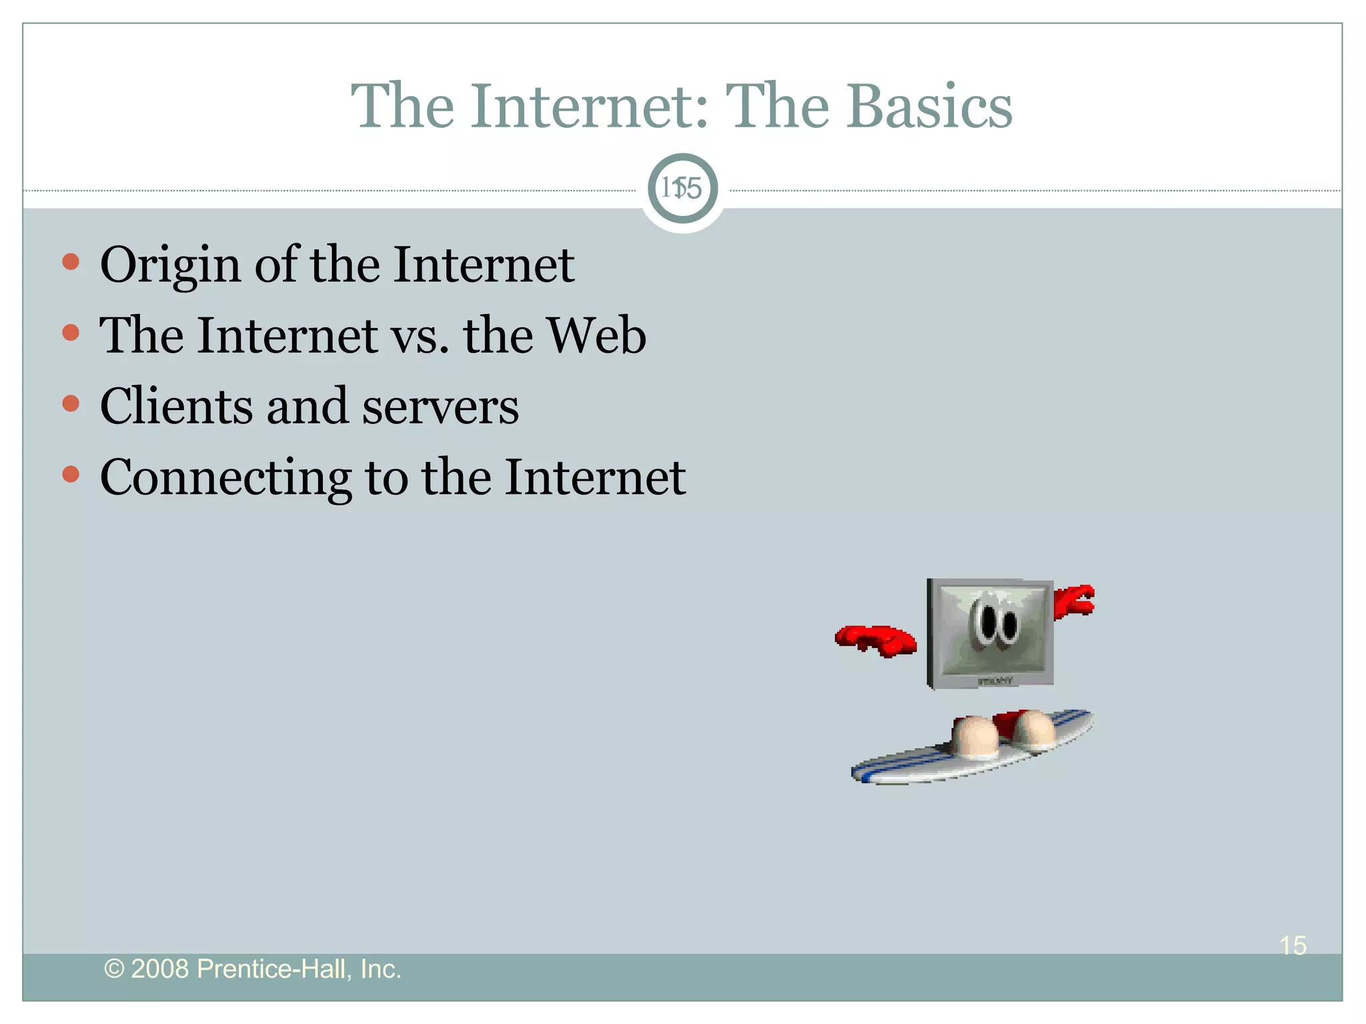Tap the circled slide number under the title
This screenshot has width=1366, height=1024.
682,189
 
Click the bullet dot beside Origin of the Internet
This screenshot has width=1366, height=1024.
71,261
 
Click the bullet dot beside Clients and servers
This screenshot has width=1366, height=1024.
71,403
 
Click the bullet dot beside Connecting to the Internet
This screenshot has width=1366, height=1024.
71,474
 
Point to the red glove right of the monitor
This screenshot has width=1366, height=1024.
1074,600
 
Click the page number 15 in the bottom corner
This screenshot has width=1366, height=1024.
1293,945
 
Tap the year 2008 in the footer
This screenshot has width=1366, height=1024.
159,969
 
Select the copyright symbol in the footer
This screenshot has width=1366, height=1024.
114,969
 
